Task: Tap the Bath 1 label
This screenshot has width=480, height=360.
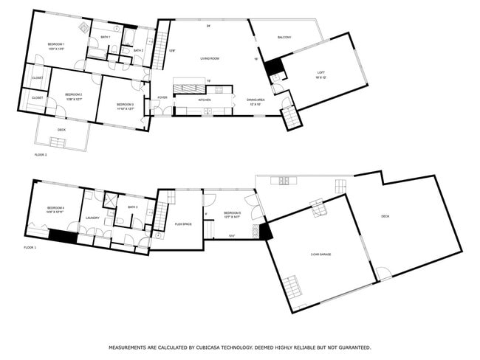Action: [106, 36]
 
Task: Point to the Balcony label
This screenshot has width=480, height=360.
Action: [284, 38]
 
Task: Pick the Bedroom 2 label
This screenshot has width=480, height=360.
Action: [73, 95]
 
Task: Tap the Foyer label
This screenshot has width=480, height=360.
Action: [162, 97]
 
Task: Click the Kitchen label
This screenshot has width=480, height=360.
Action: [205, 100]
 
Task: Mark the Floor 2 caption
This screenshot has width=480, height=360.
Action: [41, 155]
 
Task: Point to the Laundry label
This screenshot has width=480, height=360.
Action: [92, 218]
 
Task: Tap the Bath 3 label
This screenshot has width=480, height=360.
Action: [133, 207]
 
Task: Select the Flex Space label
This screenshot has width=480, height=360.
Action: [183, 224]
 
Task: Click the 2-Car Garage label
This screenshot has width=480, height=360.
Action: [320, 255]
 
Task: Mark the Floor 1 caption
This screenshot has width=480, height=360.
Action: [30, 247]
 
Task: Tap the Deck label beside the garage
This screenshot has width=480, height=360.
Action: [385, 216]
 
